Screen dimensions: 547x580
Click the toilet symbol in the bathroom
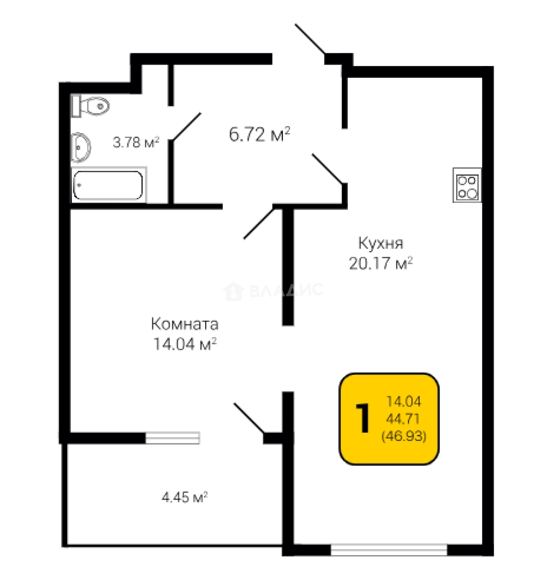90,106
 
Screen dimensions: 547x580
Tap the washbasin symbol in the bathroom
81,147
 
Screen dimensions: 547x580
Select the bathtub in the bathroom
109,185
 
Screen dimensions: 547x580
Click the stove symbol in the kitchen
467,185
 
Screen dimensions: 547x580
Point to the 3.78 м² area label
136,142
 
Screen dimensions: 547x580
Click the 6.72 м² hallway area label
259,134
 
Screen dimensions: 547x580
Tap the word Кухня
381,243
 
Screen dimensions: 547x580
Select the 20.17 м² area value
381,263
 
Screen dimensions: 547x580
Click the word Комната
185,324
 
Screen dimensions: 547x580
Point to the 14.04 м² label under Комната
185,344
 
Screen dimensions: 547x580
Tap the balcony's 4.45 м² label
184,497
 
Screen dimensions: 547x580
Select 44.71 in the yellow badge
403,419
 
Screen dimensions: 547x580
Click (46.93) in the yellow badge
404,436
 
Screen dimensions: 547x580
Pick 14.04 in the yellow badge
404,401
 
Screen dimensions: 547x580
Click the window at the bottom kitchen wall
389,550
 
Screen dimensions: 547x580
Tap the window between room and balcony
173,438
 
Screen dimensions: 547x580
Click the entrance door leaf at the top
310,39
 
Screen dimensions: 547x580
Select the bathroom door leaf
187,127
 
